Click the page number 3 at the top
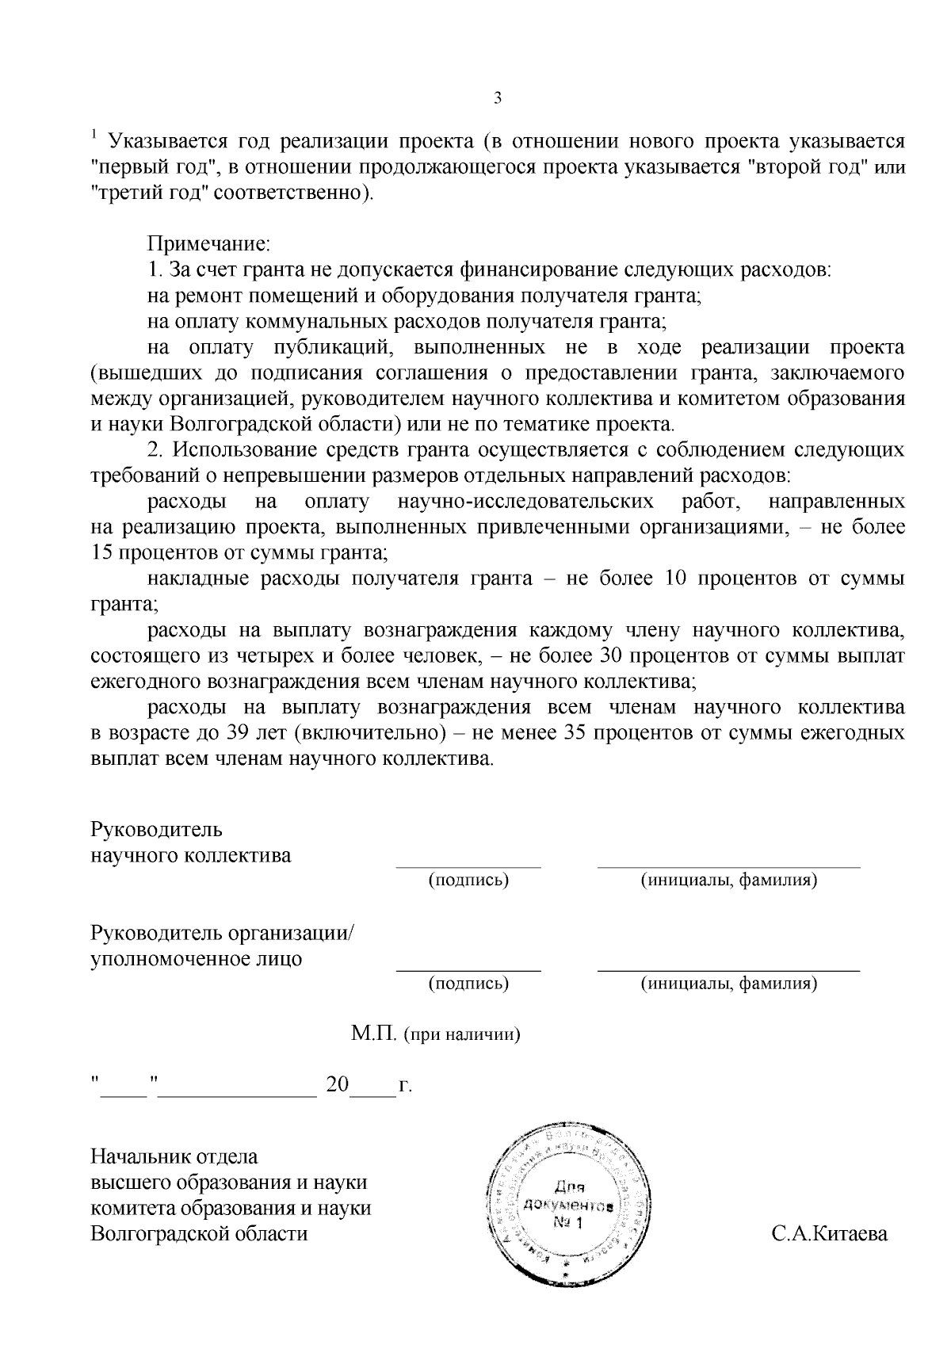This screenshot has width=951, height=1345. click(498, 98)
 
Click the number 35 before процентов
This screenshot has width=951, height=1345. click(574, 733)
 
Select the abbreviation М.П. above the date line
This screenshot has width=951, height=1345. click(374, 1034)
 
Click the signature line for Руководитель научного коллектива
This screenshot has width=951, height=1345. click(468, 866)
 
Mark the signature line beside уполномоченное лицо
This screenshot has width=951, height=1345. click(468, 969)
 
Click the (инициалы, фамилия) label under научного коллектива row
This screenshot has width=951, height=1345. click(728, 880)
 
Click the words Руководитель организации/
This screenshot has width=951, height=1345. click(223, 933)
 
